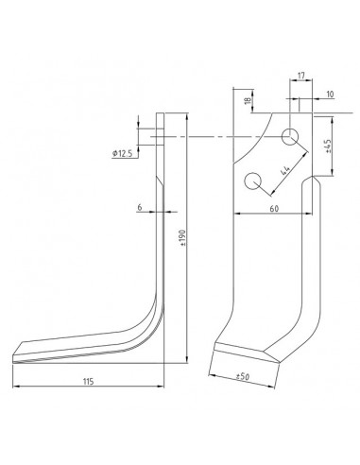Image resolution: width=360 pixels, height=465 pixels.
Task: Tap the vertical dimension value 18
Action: pyautogui.click(x=247, y=99)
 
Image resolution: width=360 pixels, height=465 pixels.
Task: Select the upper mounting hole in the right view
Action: pyautogui.click(x=291, y=136)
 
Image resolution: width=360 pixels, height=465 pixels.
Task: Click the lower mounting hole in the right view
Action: pyautogui.click(x=252, y=180)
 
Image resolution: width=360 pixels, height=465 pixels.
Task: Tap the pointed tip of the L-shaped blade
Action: pyautogui.click(x=18, y=356)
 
